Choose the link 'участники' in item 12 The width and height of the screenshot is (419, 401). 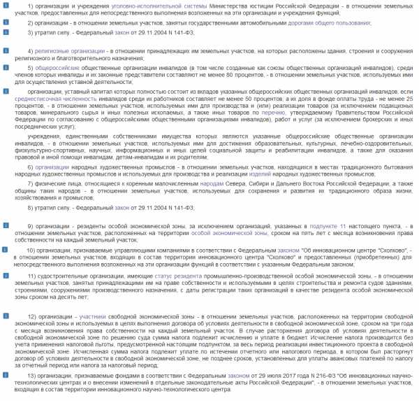[x=94, y=317]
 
